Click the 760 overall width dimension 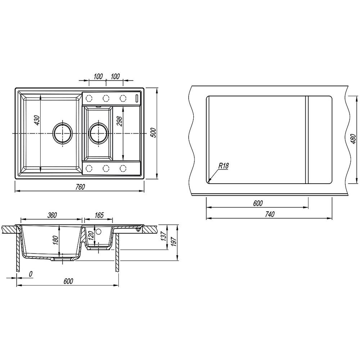pos(80,187)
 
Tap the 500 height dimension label pos(154,133)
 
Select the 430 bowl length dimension pos(37,120)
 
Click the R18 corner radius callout pos(224,166)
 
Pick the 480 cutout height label pos(354,139)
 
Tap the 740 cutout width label pos(270,214)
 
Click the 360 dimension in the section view pos(52,215)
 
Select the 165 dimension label pos(99,215)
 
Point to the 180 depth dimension pos(56,240)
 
